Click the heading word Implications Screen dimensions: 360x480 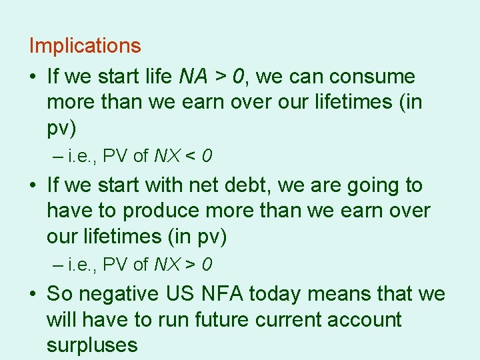85,46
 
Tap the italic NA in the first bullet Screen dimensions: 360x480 194,77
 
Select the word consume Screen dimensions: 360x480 372,77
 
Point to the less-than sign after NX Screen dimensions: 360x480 189,157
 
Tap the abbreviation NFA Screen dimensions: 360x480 238,293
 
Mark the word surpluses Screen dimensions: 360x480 92,345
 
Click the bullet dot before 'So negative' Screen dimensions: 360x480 33,294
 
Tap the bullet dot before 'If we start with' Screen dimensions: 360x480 33,185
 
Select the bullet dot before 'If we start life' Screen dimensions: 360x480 33,77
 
